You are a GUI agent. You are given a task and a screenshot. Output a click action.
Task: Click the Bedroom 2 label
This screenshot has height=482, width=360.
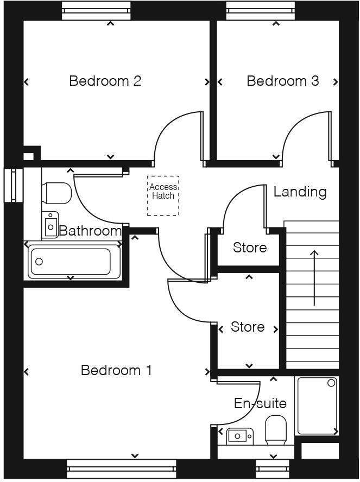coord(105,81)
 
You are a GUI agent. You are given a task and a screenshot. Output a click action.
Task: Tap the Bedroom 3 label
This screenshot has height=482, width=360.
coord(282,81)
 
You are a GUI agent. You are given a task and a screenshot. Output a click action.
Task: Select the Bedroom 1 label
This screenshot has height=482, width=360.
coord(116,371)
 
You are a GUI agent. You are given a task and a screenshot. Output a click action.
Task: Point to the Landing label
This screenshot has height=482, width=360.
coord(300,192)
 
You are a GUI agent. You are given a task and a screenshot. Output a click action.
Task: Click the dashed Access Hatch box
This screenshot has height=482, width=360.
coord(163,195)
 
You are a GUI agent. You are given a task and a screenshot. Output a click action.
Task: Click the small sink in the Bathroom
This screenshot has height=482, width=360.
coord(52,224)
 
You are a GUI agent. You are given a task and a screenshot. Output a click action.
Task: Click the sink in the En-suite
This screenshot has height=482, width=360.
coord(239,435)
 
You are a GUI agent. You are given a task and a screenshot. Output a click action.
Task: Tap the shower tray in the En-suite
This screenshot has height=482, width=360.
coord(317,405)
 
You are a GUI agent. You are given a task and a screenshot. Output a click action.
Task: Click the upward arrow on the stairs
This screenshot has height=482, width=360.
coord(314,277)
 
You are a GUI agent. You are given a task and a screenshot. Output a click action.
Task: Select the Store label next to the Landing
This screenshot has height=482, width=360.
coord(250,248)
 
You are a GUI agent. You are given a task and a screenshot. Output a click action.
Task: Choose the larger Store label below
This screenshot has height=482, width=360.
coord(248,327)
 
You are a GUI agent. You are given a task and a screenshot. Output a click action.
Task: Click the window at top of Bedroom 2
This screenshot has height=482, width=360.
coord(96,11)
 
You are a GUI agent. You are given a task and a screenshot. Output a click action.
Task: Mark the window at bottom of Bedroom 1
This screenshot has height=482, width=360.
coord(121,469)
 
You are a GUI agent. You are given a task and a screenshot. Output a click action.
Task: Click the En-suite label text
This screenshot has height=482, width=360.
coord(260,404)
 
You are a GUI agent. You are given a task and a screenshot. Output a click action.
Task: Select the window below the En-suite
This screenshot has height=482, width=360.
coord(275,469)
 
